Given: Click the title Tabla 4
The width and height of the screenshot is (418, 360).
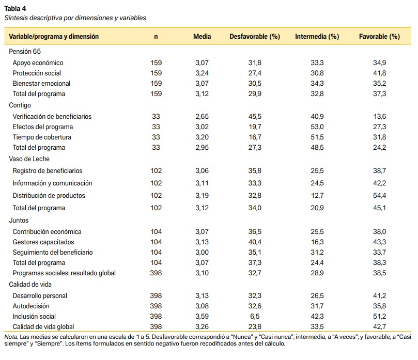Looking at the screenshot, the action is point(15,9).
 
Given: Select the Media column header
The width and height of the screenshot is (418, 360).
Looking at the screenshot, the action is point(202,37).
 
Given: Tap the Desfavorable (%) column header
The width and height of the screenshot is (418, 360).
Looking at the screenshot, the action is point(255,37).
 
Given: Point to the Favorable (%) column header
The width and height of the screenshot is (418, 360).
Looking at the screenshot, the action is point(379,37).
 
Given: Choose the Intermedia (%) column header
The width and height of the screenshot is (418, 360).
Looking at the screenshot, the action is point(317,37).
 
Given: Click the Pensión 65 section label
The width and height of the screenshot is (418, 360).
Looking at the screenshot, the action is point(25,52).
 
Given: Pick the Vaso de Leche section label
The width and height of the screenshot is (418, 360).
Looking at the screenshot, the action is point(29,159).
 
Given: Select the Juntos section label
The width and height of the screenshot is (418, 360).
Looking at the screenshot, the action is point(19,221).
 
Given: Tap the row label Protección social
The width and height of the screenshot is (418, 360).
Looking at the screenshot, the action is point(37,73).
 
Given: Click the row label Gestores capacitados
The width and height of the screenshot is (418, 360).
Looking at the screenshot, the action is point(43,242).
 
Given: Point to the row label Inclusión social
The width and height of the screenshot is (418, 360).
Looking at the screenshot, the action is point(34,316).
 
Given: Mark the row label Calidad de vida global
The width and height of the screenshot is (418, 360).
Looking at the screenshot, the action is point(43,327).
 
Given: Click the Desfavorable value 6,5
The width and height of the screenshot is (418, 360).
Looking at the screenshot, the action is point(255,316).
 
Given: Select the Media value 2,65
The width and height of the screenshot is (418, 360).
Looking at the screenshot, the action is point(202,116).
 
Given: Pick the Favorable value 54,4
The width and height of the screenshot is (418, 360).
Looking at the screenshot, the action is point(379,196).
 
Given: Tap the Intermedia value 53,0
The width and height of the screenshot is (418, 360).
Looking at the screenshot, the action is point(317,127).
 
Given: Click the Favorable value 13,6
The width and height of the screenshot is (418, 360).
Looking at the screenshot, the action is point(379,116).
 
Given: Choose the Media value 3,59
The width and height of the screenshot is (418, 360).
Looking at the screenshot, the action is point(202,316).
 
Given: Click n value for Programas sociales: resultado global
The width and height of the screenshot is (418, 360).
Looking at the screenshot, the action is point(156,273).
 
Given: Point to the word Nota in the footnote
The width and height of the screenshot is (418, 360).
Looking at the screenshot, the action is point(11,337).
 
